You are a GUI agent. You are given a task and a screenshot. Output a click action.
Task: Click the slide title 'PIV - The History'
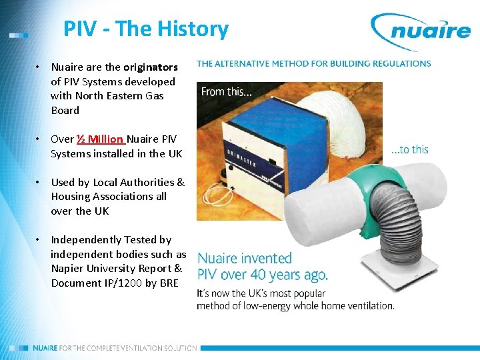145,29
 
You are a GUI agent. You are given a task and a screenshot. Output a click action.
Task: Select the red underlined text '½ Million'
100,139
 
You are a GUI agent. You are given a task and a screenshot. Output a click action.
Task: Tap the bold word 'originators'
150,67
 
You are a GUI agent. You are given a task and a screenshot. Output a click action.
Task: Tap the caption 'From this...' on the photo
227,92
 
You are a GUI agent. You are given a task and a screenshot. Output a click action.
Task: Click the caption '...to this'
409,149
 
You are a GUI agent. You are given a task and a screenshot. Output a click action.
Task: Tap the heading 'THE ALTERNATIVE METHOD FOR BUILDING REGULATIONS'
313,64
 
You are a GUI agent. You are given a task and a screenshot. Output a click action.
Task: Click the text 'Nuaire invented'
245,259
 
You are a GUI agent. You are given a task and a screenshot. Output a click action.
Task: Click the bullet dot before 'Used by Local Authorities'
39,183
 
